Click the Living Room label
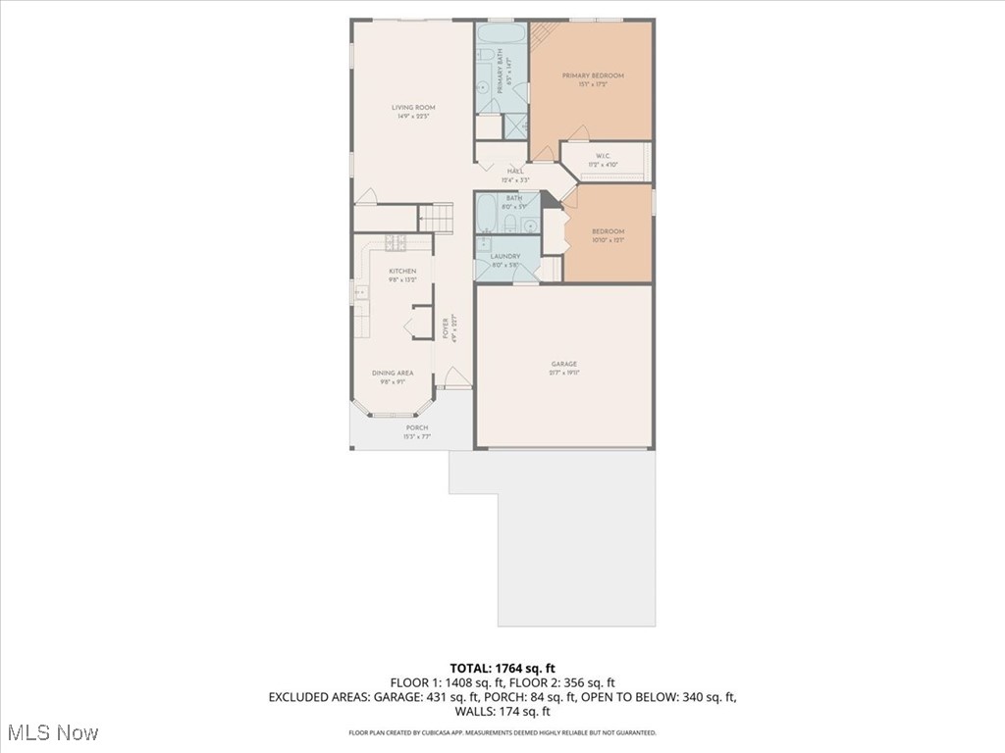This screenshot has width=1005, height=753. (413, 108)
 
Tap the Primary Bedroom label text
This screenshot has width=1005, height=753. (592, 75)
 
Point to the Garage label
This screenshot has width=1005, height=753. (563, 365)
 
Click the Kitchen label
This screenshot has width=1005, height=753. (402, 271)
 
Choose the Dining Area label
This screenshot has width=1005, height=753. (393, 373)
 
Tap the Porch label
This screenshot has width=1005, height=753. (417, 428)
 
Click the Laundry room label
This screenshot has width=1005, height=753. (505, 257)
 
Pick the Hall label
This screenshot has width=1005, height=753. (515, 172)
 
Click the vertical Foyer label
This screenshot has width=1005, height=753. (445, 326)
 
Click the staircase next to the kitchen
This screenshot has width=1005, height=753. (437, 217)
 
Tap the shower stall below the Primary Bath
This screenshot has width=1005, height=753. (516, 125)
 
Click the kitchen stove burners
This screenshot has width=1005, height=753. (360, 291)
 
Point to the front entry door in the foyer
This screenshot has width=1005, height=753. (455, 378)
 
